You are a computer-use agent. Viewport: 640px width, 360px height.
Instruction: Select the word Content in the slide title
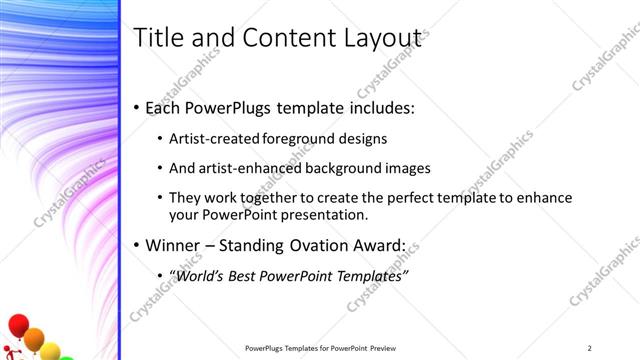[282, 38]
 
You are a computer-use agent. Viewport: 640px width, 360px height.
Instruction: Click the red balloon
[19, 326]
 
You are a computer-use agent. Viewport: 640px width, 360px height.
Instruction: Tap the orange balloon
[35, 339]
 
